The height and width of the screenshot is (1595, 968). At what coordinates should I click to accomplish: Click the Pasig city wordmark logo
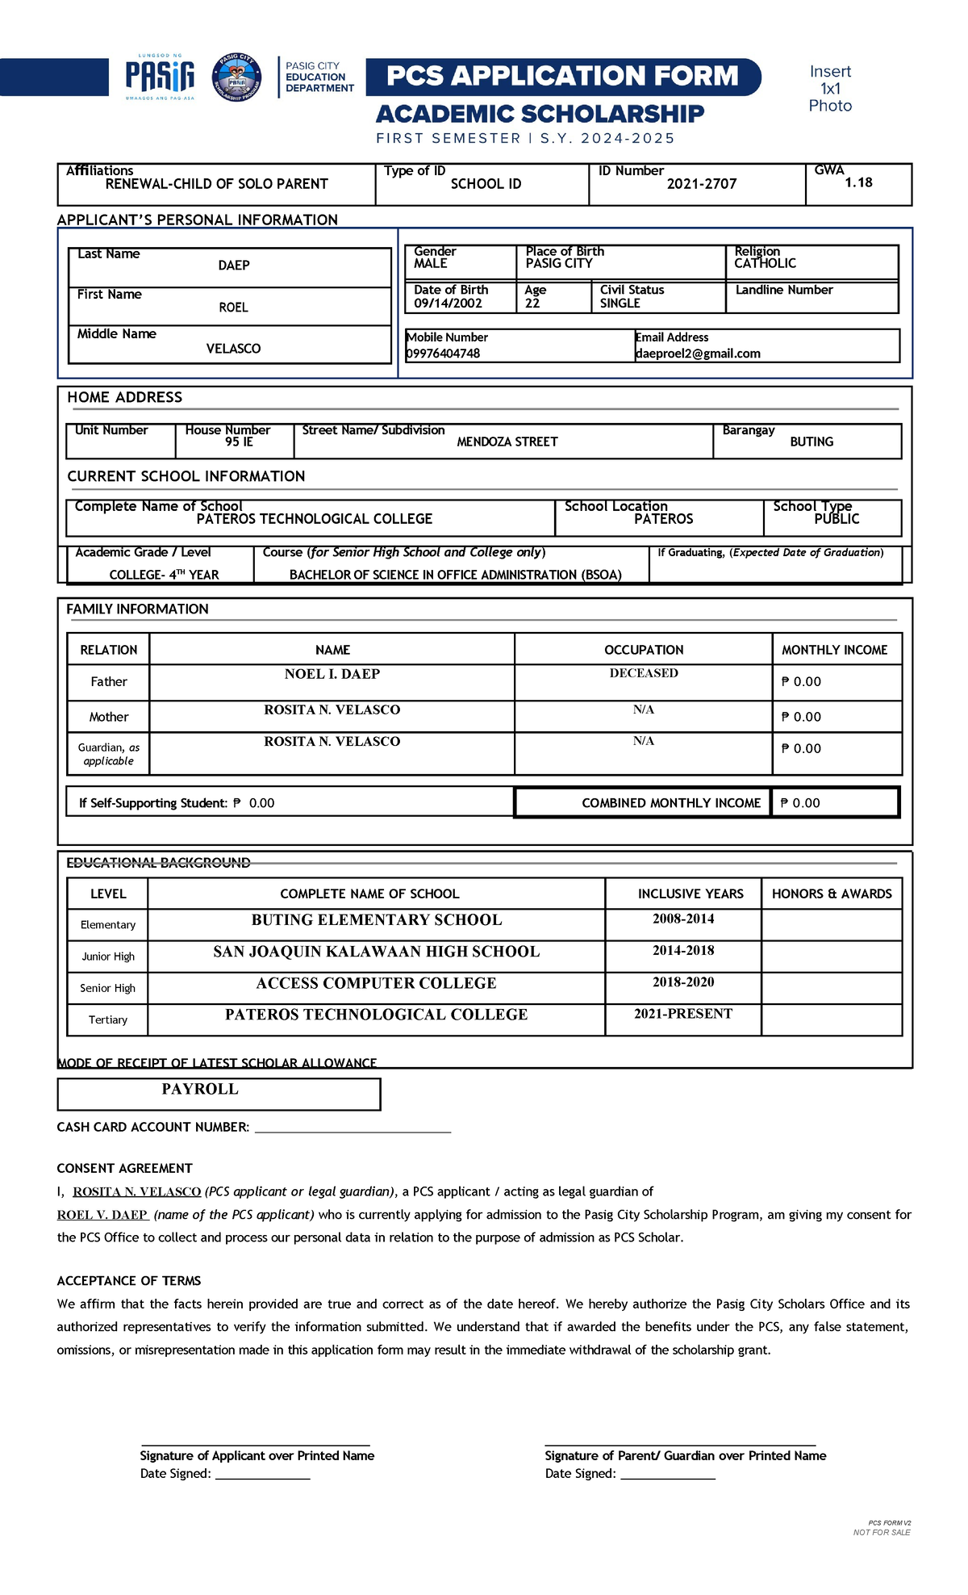tap(160, 77)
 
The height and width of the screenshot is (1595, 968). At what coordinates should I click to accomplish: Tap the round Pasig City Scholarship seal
tap(236, 77)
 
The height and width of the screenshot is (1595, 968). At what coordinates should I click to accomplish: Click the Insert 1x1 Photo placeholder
tap(830, 89)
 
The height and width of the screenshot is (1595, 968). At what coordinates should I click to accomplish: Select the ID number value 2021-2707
tap(702, 184)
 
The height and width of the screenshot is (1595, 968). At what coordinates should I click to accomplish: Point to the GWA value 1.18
tap(858, 182)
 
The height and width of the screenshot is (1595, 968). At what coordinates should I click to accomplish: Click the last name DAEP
tap(234, 266)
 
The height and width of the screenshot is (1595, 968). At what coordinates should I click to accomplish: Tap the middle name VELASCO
tap(233, 349)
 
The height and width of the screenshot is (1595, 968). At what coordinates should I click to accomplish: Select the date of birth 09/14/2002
tap(448, 304)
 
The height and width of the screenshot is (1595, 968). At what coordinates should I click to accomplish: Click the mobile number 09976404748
tap(443, 354)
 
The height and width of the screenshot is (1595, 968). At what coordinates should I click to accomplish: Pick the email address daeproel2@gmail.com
tap(698, 354)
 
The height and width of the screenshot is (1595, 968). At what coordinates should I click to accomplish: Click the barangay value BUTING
tap(812, 442)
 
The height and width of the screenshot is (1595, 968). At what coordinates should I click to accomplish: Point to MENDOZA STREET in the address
tap(507, 442)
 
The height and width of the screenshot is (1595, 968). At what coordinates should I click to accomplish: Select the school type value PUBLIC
tap(837, 519)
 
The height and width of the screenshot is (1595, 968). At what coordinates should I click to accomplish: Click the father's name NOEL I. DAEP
tap(332, 674)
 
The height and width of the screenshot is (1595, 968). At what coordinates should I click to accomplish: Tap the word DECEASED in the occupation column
tap(644, 673)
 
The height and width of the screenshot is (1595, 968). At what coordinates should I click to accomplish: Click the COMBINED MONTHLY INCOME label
tap(671, 803)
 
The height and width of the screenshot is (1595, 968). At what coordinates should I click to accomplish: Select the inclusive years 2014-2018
tap(683, 950)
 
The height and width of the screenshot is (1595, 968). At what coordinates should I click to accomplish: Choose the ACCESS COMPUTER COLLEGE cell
tap(376, 983)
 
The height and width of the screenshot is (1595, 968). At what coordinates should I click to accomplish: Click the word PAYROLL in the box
tap(200, 1089)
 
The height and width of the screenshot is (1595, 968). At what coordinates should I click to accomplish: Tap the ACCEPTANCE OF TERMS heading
tap(129, 1281)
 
